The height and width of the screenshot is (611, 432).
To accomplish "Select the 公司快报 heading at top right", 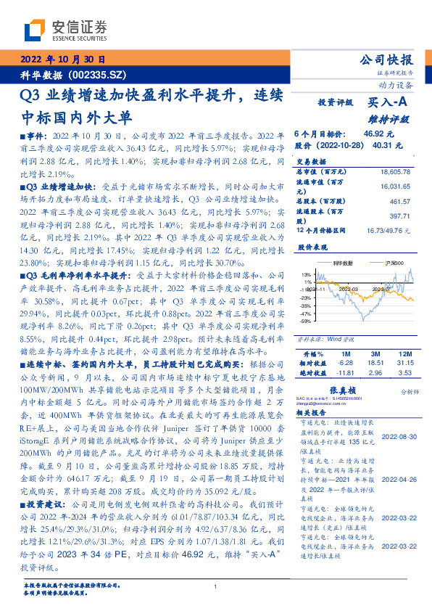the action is [x=386, y=60].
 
